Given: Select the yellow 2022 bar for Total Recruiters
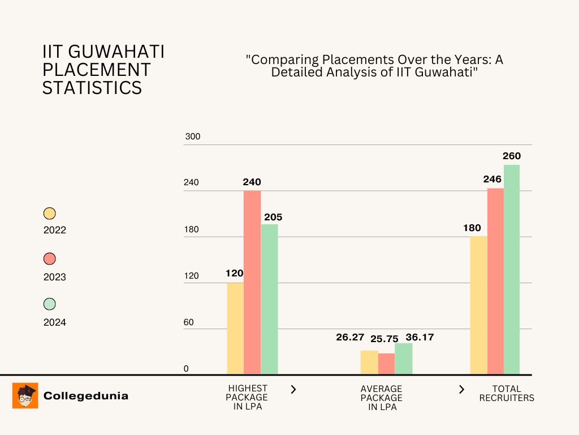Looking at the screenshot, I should click(x=478, y=305).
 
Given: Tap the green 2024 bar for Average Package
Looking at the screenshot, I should click(x=404, y=359).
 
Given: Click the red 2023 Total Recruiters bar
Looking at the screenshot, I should click(x=495, y=281).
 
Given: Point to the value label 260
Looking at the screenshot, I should click(x=512, y=156).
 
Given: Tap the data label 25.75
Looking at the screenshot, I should click(x=384, y=339).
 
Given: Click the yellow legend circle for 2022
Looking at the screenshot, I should click(x=50, y=214).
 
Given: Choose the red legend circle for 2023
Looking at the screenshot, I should click(x=50, y=259).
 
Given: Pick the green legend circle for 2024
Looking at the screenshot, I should click(x=50, y=304).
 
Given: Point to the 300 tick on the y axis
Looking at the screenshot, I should click(x=193, y=137).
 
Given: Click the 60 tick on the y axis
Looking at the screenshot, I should click(x=188, y=322).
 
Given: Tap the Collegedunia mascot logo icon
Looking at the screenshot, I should click(x=25, y=395).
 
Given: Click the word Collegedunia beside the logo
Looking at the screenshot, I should click(x=86, y=396).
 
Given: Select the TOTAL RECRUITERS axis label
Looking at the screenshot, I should click(x=507, y=393).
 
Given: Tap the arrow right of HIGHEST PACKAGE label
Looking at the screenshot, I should click(x=293, y=389).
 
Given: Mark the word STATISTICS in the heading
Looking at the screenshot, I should click(x=92, y=88).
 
